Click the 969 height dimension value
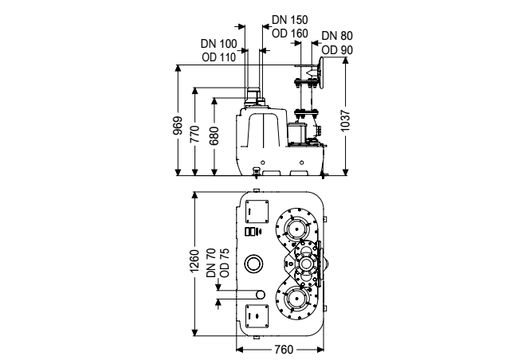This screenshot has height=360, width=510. pos(178,126)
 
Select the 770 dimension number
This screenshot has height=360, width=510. pos(194,134)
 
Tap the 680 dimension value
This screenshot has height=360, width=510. pos(214,135)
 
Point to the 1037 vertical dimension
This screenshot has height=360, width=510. pos(345,120)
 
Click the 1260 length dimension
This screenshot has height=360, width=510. pos(194,261)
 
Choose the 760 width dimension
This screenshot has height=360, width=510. pos(284,350)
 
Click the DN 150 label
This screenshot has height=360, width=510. pos(290,20)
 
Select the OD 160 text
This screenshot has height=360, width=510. pos(290,33)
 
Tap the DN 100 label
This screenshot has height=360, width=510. pos(218,44)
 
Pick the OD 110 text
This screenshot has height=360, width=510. pos(218,57)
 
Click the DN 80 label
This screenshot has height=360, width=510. pos(337,36)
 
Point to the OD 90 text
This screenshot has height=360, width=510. pos(337,50)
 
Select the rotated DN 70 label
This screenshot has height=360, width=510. pos(211,263)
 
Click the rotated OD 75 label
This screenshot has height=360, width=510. pos(225,263)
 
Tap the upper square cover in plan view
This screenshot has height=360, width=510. pos(257,211)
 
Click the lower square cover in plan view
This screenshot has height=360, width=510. pos(257,316)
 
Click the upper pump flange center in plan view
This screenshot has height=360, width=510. pos(296,229)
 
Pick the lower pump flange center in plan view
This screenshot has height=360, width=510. pos(296,299)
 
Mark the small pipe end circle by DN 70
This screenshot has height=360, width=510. pos(261,295)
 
